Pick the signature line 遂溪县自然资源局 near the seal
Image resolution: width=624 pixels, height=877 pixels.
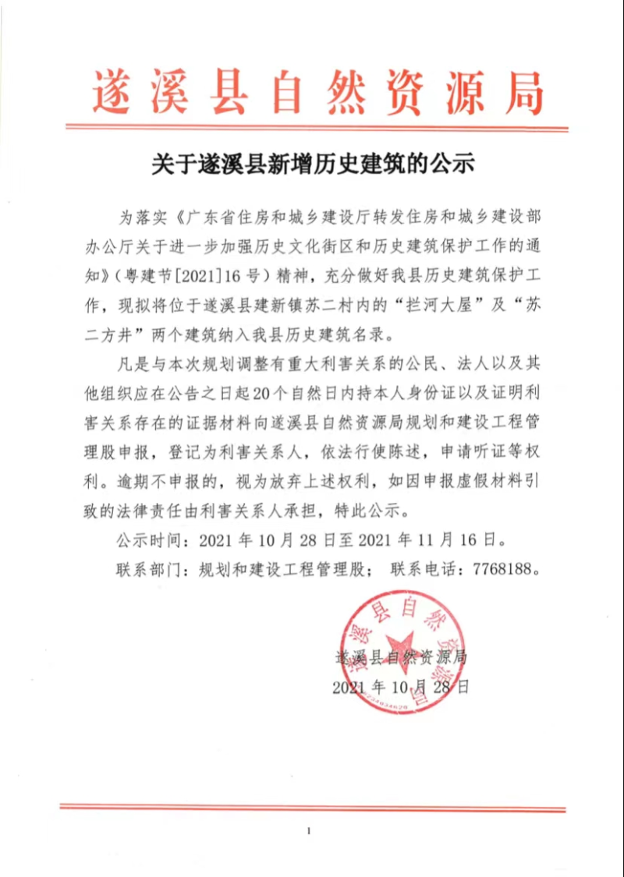400,656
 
